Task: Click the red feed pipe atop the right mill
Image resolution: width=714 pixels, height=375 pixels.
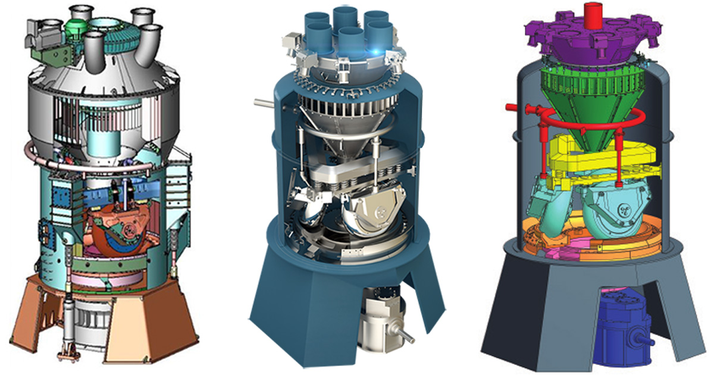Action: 593,15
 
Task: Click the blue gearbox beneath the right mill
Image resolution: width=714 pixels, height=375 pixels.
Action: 619,327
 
